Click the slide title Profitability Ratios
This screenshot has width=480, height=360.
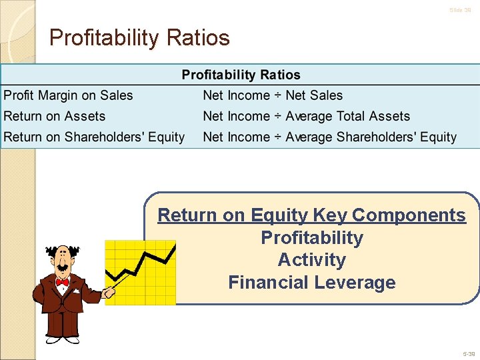[139, 37]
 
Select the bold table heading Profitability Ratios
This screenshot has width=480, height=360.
[241, 75]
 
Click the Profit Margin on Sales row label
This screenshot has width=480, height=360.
[68, 95]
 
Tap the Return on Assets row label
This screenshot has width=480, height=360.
[55, 116]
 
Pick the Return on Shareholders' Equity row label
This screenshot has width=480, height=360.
[94, 137]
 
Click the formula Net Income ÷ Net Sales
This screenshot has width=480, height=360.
[272, 95]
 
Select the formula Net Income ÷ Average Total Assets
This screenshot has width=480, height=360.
[306, 116]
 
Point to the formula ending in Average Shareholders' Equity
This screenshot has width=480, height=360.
[329, 137]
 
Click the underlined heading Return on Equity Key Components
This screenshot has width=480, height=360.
[311, 215]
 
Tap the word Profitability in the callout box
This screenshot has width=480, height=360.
[311, 238]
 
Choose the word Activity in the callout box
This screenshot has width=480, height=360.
[311, 260]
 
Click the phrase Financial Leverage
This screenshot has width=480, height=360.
[311, 283]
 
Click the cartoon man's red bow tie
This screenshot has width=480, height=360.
[62, 283]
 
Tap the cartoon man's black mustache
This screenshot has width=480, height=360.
[62, 268]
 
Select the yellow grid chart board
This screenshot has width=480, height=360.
[140, 273]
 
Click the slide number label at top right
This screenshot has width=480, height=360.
[460, 10]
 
